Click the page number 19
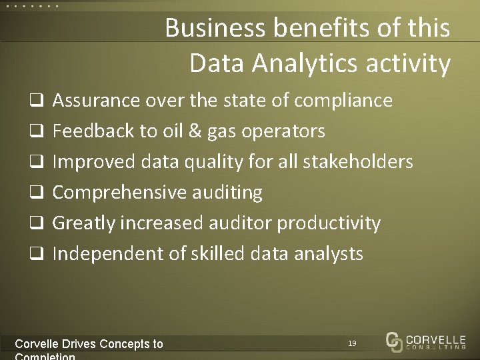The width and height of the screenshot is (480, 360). pyautogui.click(x=352, y=343)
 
